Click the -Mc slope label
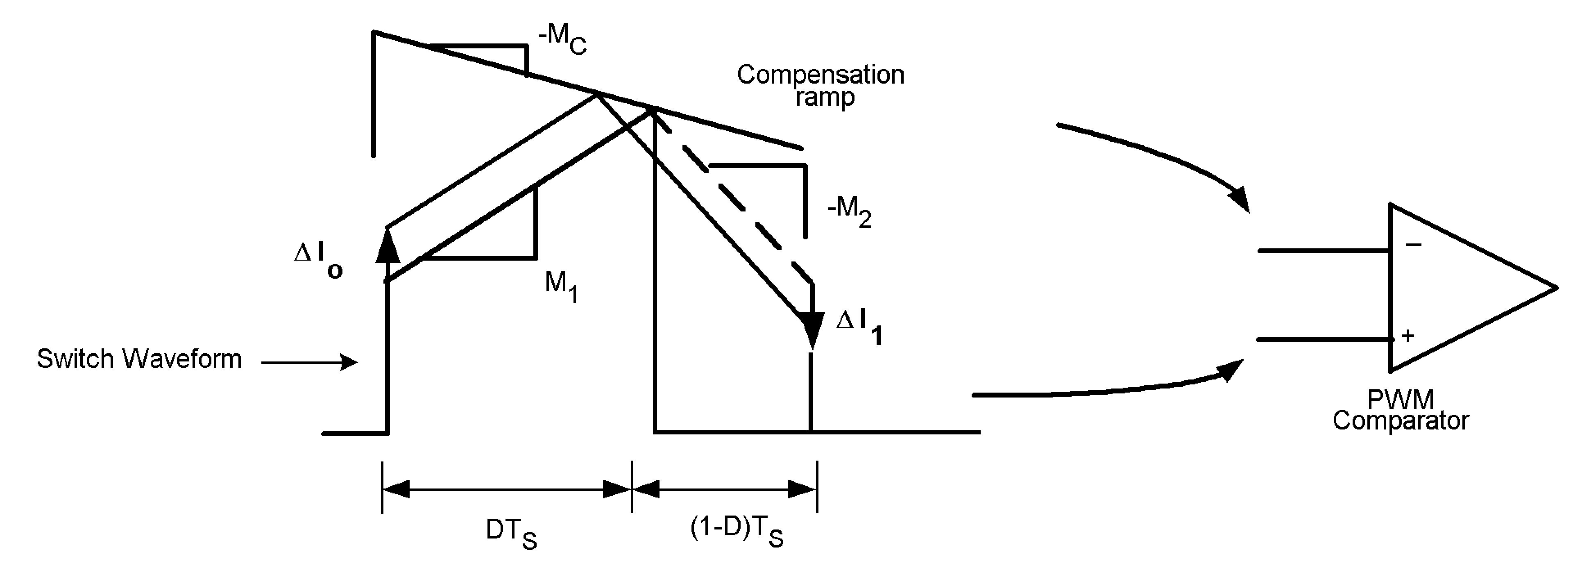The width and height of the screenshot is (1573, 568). click(562, 40)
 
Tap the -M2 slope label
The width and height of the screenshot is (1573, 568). click(849, 211)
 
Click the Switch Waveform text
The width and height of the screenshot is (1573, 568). click(139, 359)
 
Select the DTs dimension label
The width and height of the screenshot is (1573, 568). click(510, 533)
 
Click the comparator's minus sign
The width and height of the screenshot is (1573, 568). click(1413, 245)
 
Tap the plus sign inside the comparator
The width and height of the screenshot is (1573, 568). click(1408, 335)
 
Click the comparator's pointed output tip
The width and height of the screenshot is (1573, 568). click(1555, 288)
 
